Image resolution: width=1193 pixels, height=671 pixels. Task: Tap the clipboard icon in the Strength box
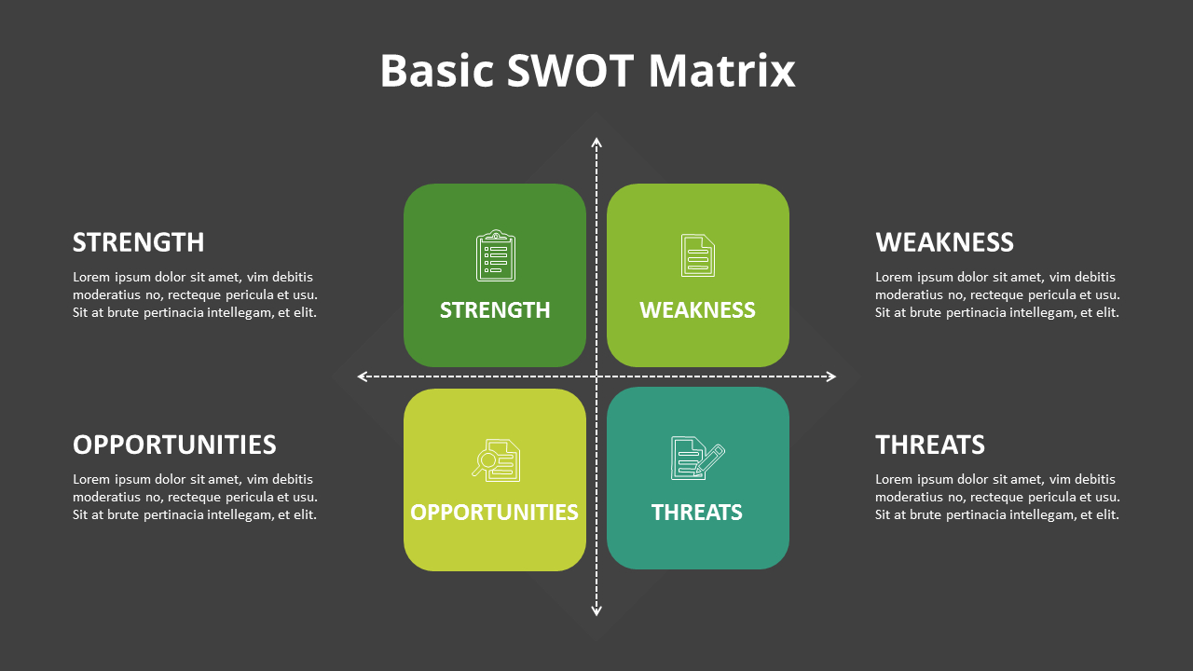[495, 255]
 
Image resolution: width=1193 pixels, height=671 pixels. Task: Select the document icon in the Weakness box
[697, 255]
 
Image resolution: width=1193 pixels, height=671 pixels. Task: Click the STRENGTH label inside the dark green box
[495, 310]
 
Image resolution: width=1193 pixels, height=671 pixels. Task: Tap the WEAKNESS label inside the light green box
[697, 310]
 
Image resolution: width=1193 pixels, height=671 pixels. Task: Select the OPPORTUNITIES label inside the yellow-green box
[494, 513]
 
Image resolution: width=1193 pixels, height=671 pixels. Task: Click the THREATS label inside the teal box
[697, 513]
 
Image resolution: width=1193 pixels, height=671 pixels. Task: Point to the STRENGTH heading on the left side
[138, 242]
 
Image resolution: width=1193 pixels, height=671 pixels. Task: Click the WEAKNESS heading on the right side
[944, 242]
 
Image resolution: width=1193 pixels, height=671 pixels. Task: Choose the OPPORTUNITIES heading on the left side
[174, 445]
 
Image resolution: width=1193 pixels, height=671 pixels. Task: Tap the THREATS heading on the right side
[930, 445]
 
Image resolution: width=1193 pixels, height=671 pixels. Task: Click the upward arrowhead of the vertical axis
[596, 143]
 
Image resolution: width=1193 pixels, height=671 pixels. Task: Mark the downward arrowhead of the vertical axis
[596, 611]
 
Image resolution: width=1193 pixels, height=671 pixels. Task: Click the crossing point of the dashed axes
[596, 377]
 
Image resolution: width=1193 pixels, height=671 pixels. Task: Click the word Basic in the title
[436, 71]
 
